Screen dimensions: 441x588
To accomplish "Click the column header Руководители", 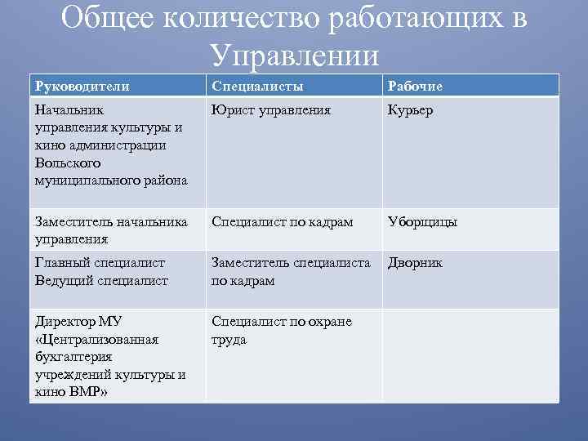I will pyautogui.click(x=82, y=86).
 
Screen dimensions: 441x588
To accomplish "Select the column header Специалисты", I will pyautogui.click(x=257, y=86).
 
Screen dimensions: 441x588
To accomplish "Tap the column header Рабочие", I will pyautogui.click(x=416, y=86).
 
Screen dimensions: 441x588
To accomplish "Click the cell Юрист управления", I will pyautogui.click(x=270, y=110).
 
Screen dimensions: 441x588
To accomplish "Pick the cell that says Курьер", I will pyautogui.click(x=411, y=110).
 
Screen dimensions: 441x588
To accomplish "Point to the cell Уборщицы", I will pyautogui.click(x=422, y=222).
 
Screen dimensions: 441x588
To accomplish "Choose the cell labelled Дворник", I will pyautogui.click(x=415, y=263).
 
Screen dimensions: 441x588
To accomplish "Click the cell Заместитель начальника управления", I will pyautogui.click(x=110, y=230).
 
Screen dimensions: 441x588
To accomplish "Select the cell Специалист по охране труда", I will pyautogui.click(x=281, y=330).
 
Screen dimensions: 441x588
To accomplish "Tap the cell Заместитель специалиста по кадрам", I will pyautogui.click(x=291, y=271).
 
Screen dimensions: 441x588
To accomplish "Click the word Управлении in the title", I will pyautogui.click(x=294, y=55).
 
